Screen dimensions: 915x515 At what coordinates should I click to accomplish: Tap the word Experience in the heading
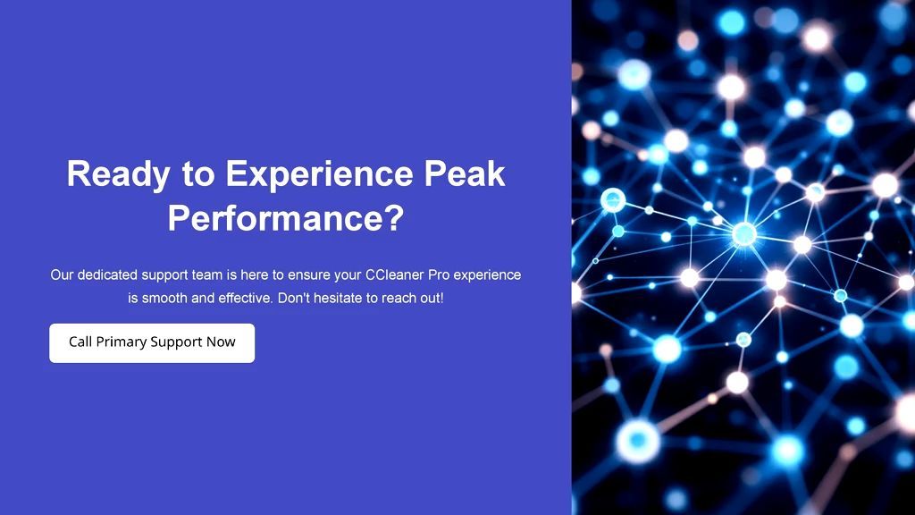pyautogui.click(x=319, y=173)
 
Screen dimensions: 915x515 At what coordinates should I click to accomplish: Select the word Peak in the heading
pyautogui.click(x=465, y=173)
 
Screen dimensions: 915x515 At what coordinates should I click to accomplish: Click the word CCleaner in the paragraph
pyautogui.click(x=394, y=274)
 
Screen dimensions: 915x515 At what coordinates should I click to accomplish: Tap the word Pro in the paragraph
pyautogui.click(x=439, y=274)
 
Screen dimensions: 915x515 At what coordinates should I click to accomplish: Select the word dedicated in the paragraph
pyautogui.click(x=107, y=274)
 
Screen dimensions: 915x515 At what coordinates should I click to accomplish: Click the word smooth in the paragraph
pyautogui.click(x=164, y=298)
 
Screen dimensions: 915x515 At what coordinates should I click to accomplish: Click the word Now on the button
pyautogui.click(x=221, y=342)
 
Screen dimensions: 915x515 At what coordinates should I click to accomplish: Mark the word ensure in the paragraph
pyautogui.click(x=308, y=274)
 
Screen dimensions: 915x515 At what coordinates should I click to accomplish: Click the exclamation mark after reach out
pyautogui.click(x=441, y=298)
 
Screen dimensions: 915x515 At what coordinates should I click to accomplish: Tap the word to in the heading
pyautogui.click(x=198, y=174)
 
